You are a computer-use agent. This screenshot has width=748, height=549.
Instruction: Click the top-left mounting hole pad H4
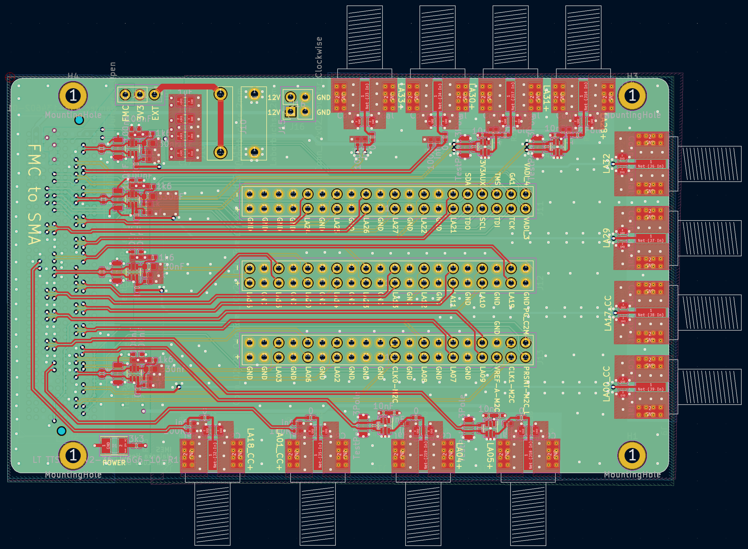(x=73, y=96)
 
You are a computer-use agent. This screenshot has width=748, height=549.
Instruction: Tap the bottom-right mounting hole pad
(x=632, y=455)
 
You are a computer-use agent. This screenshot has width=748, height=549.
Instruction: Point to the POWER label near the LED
(x=114, y=463)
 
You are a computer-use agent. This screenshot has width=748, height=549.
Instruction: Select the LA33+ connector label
(x=400, y=97)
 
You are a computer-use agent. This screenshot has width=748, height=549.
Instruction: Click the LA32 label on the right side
(x=606, y=163)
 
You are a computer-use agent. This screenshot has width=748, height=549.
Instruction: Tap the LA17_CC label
(x=608, y=313)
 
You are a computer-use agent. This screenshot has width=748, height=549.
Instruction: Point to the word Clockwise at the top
(x=319, y=57)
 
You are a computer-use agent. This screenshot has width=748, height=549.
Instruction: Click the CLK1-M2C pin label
(x=511, y=385)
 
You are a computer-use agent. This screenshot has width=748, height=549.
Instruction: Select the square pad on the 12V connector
(x=290, y=111)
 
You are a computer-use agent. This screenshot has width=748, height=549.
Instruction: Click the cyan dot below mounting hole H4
(x=79, y=120)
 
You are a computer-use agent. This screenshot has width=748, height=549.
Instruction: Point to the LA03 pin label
(x=278, y=374)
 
